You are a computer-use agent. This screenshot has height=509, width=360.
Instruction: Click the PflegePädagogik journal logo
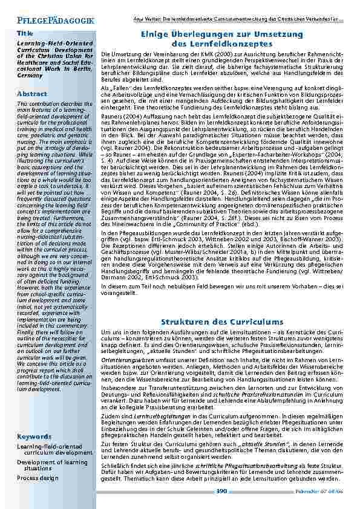[x=52, y=20]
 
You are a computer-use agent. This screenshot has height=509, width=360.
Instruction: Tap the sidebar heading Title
[x=25, y=33]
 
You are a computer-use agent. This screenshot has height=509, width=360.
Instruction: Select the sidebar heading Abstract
[x=32, y=94]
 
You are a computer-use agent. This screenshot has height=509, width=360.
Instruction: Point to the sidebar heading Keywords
[x=34, y=436]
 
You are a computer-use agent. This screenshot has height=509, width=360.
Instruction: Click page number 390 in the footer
[x=221, y=491]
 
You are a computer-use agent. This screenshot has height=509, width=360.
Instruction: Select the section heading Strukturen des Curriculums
[x=223, y=322]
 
